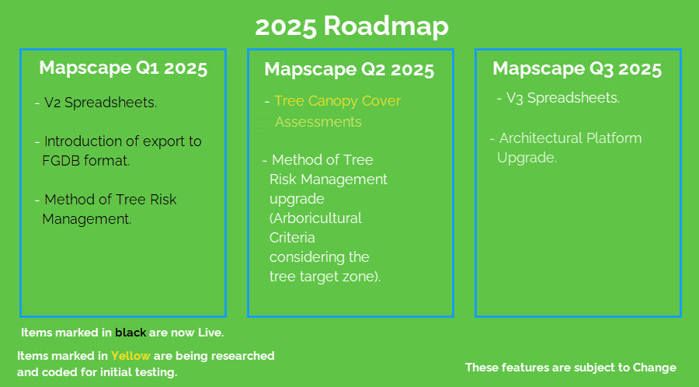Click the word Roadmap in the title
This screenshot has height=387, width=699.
coord(386,26)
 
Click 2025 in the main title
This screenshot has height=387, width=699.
coord(286,26)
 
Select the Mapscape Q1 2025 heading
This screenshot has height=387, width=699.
coord(123,68)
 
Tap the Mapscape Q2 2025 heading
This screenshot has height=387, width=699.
coord(349,70)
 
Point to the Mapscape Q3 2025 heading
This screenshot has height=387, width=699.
coord(577,69)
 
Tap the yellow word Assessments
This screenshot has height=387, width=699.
coord(318,122)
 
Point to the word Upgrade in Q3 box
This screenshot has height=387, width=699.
coord(527,159)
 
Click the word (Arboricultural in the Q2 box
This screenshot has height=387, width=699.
coord(315,218)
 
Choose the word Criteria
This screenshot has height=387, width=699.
coord(292,238)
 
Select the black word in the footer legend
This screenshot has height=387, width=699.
coord(130,333)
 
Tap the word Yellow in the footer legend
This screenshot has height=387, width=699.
coord(130,356)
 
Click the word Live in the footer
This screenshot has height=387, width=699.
coord(211,333)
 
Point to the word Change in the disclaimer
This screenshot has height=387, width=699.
coord(655,368)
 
